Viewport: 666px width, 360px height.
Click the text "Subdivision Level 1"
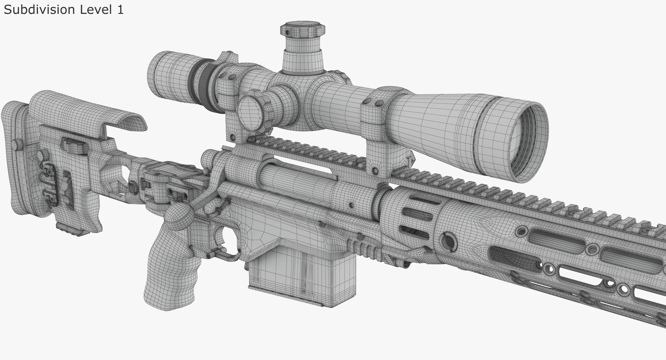(x=63, y=9)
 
